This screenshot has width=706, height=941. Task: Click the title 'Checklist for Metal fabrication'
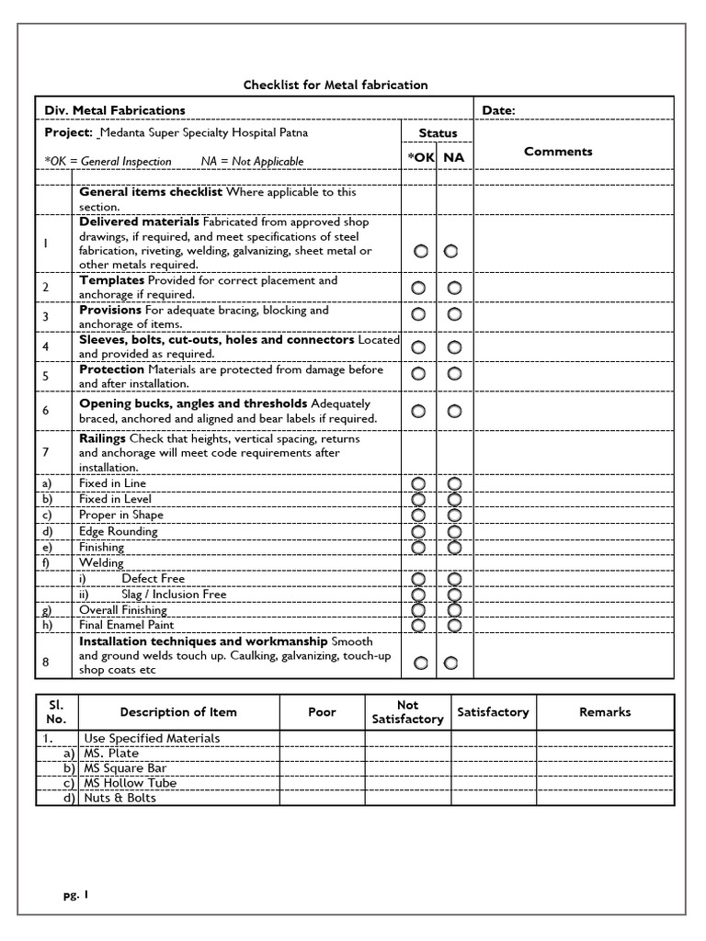tap(336, 85)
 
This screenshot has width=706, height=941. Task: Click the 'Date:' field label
tap(499, 111)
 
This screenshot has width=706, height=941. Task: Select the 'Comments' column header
tap(558, 152)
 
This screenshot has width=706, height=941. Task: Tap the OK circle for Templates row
tap(419, 288)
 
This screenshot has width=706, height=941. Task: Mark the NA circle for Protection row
tap(454, 374)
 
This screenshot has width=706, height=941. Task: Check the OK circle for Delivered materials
tap(420, 251)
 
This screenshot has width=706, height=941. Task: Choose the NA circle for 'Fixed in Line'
tap(454, 483)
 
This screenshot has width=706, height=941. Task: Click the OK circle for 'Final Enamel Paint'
tap(419, 625)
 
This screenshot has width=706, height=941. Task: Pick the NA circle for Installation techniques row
tap(451, 663)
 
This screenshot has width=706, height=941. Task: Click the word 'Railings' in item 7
tap(102, 439)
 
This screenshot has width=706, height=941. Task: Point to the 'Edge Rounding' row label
tap(119, 531)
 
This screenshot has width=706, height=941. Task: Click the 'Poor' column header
tap(322, 712)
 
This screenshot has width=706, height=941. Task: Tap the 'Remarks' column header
tap(605, 712)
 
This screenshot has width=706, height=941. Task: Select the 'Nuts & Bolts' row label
tap(120, 798)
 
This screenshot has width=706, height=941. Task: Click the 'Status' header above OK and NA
tap(438, 133)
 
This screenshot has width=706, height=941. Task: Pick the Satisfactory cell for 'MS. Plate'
tap(493, 754)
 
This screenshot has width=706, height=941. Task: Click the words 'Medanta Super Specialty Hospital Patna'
tap(204, 132)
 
